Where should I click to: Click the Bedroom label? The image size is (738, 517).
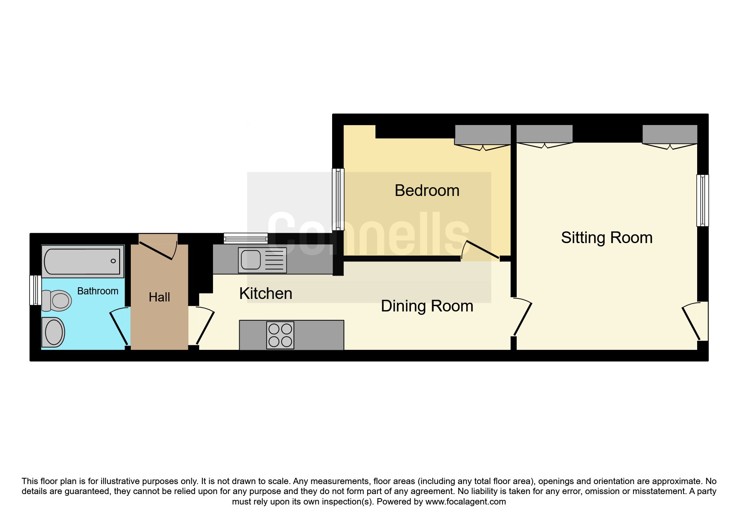tap(427, 191)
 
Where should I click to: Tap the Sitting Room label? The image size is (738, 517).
tap(607, 238)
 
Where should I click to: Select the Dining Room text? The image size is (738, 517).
tap(427, 306)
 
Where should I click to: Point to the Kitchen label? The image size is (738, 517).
tap(265, 294)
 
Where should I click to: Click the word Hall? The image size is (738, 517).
tap(159, 297)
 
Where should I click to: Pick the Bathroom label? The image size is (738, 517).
tap(98, 291)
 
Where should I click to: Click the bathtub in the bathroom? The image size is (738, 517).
tap(83, 261)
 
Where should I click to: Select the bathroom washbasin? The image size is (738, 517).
tap(53, 332)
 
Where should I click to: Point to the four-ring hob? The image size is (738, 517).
tap(280, 335)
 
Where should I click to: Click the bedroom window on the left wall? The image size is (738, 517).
tap(338, 199)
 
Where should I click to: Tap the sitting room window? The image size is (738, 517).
tap(703, 200)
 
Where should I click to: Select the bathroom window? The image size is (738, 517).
tap(35, 290)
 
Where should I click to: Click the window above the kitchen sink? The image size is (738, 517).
tap(246, 238)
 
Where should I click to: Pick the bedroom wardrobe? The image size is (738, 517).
tap(483, 135)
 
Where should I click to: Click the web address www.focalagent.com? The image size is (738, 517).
tap(465, 502)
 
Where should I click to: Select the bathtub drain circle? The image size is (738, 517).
tap(113, 261)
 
